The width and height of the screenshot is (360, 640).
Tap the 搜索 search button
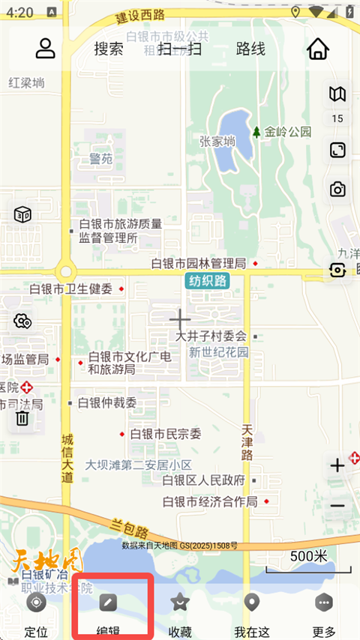pyautogui.click(x=109, y=49)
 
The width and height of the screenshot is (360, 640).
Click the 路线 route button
pyautogui.click(x=250, y=49)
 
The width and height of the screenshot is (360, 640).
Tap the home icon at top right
pyautogui.click(x=318, y=49)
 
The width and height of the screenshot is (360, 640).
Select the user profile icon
pyautogui.click(x=46, y=48)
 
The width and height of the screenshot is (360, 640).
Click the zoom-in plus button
pyautogui.click(x=337, y=465)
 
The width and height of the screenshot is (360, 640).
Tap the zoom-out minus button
pyautogui.click(x=337, y=505)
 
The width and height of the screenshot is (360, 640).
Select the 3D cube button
pyautogui.click(x=22, y=214)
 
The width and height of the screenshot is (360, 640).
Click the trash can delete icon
pyautogui.click(x=22, y=417)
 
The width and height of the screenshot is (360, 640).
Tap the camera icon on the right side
pyautogui.click(x=337, y=190)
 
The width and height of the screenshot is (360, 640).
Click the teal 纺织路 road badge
pyautogui.click(x=208, y=281)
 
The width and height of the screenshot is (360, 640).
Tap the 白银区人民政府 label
pyautogui.click(x=203, y=480)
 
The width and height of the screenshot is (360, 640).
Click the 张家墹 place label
pyautogui.click(x=217, y=141)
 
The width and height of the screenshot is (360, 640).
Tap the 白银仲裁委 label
pyautogui.click(x=107, y=402)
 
